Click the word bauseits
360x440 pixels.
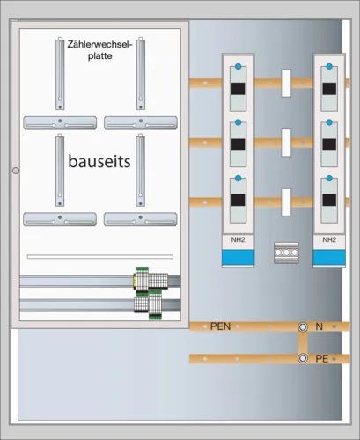click(99, 161)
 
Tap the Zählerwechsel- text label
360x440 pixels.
click(100, 45)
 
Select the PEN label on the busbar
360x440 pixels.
click(220, 326)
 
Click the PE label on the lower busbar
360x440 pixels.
click(321, 358)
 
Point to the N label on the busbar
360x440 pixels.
click(319, 326)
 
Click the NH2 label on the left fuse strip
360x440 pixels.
click(238, 239)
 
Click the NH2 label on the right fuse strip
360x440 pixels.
click(329, 239)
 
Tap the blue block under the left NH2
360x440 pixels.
click(238, 257)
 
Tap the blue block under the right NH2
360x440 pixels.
click(329, 257)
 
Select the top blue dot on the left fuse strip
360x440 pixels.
click(239, 66)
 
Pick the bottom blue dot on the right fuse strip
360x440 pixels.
click(329, 178)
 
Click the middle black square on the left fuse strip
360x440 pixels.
click(238, 144)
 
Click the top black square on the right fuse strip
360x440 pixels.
click(329, 89)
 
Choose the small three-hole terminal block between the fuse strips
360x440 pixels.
click(286, 253)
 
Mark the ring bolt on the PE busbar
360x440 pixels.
click(303, 358)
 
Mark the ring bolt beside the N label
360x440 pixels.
click(303, 326)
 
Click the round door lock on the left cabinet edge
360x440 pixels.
click(16, 171)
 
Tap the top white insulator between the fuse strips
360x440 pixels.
click(286, 84)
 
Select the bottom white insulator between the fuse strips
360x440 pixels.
click(286, 202)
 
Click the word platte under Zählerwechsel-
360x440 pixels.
click(100, 56)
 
